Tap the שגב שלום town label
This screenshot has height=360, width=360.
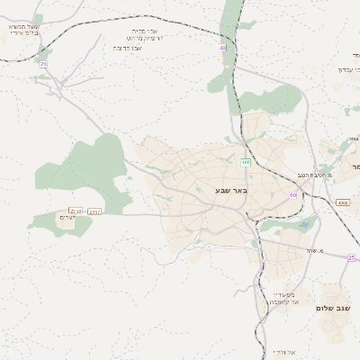pos(331,308)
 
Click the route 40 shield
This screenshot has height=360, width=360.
pos(222,48)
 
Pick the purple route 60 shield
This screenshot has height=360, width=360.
pos(292,194)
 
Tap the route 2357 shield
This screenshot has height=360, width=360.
pos(94,211)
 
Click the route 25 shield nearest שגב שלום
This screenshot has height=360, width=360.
pos(351,257)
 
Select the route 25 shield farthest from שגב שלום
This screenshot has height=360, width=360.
pos(43,64)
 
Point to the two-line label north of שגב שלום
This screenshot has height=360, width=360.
pos(283,298)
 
